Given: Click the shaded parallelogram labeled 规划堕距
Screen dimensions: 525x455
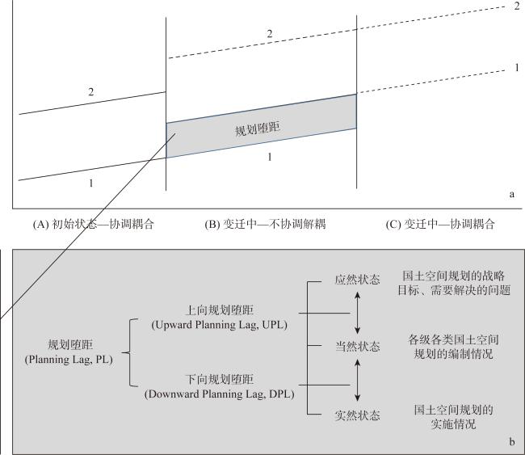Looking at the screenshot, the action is (261, 126).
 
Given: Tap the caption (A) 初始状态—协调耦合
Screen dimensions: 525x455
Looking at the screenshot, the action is (93, 224).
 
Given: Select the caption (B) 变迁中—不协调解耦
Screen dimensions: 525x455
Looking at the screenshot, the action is (265, 224).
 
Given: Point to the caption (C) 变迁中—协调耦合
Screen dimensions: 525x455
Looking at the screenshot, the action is (440, 224).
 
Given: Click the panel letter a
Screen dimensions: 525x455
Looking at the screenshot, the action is (511, 194).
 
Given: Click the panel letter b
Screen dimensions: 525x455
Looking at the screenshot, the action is (511, 442).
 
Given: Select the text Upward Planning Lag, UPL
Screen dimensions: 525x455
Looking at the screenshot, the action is (220, 325).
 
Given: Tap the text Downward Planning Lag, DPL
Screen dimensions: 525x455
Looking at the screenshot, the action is (220, 394).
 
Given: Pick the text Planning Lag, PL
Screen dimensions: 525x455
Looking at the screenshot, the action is (69, 360).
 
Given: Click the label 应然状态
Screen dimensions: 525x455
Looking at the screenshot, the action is (357, 280).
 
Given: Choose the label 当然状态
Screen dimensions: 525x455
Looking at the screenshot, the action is (357, 346).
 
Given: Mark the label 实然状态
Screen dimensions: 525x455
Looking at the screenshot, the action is (357, 415).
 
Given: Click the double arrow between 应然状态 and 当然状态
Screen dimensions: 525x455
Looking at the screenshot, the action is (357, 313).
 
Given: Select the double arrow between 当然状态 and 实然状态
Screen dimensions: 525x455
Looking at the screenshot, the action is (357, 381).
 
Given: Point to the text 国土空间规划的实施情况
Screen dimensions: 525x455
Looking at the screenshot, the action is (453, 417).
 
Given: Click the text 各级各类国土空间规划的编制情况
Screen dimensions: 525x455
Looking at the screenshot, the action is (453, 347).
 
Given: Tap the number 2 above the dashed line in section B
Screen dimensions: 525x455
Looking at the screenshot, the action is (270, 34).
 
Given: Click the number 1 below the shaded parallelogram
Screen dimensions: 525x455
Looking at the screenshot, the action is (270, 157).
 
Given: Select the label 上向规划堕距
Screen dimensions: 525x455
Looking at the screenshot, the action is (220, 310).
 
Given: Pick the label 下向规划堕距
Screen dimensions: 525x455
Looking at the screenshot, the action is (220, 379).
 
